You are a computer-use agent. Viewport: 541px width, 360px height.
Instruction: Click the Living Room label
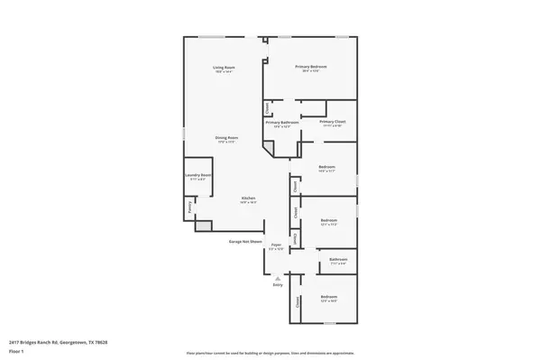coord(224,68)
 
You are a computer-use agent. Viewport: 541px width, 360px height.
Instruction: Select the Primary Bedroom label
coord(311,68)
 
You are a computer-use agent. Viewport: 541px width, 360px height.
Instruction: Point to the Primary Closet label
coord(333,122)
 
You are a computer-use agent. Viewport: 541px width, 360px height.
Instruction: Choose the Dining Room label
coord(225,137)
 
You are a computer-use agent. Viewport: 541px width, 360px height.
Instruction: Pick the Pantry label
coord(189,207)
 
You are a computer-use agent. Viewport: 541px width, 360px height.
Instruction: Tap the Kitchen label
coord(248,198)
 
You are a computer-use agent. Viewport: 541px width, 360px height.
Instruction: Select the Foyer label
coord(277,245)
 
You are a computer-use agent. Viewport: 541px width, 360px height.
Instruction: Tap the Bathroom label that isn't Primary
coord(338,260)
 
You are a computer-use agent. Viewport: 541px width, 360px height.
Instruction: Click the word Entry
coord(278,285)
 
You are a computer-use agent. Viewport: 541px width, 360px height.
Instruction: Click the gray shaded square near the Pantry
coord(204,226)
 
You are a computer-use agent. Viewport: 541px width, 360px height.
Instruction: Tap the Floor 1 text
coord(16,352)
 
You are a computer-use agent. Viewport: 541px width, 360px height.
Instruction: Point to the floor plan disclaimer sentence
coord(271,352)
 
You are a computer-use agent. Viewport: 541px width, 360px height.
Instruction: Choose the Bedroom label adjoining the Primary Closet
coord(327,167)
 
